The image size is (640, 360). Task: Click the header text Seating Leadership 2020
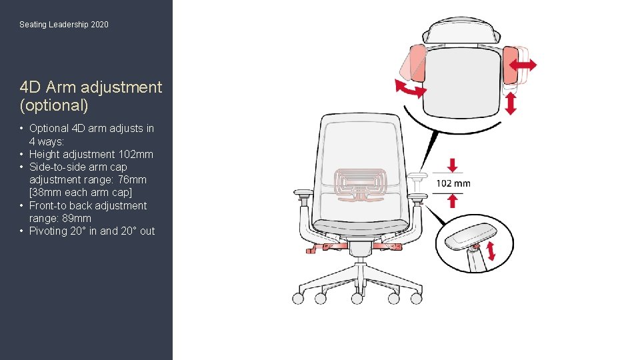click(64, 25)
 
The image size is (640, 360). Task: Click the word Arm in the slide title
click(61, 87)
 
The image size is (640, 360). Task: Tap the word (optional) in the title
click(54, 105)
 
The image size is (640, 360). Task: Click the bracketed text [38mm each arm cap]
click(81, 192)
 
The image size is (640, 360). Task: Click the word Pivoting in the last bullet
click(48, 231)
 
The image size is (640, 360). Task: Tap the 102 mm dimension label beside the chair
click(453, 184)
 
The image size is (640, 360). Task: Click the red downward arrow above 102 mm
click(452, 165)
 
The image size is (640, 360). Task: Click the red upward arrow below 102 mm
click(452, 201)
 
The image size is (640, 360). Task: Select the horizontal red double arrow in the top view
click(523, 65)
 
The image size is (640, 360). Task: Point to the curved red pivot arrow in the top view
click(410, 89)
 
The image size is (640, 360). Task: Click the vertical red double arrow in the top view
click(511, 104)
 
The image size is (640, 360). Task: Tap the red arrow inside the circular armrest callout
click(491, 251)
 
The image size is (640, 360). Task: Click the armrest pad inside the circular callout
click(470, 236)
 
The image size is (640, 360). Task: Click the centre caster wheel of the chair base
click(357, 299)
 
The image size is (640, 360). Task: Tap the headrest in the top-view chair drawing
click(461, 31)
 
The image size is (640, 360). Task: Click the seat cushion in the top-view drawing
click(461, 81)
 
